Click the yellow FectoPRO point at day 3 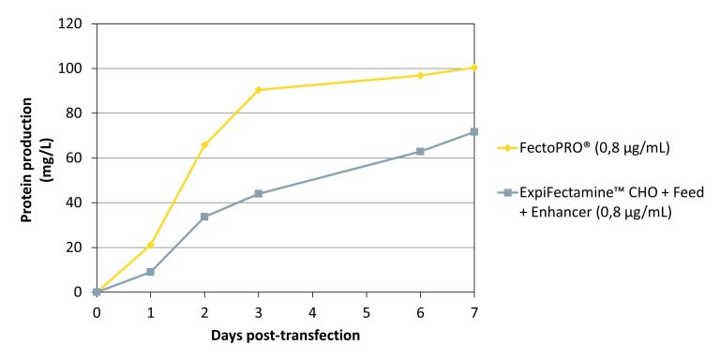pos(258,90)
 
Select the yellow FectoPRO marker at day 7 pos(474,67)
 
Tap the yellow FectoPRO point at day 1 pos(150,245)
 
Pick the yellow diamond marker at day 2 pos(204,144)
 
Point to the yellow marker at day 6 pos(420,75)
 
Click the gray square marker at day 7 pos(474,132)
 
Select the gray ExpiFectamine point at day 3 pos(258,194)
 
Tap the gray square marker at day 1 pos(150,272)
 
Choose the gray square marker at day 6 pos(420,151)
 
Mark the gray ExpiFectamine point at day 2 pos(204,217)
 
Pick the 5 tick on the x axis pos(366,310)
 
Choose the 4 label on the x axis pos(312,310)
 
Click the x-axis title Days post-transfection pos(286,335)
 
